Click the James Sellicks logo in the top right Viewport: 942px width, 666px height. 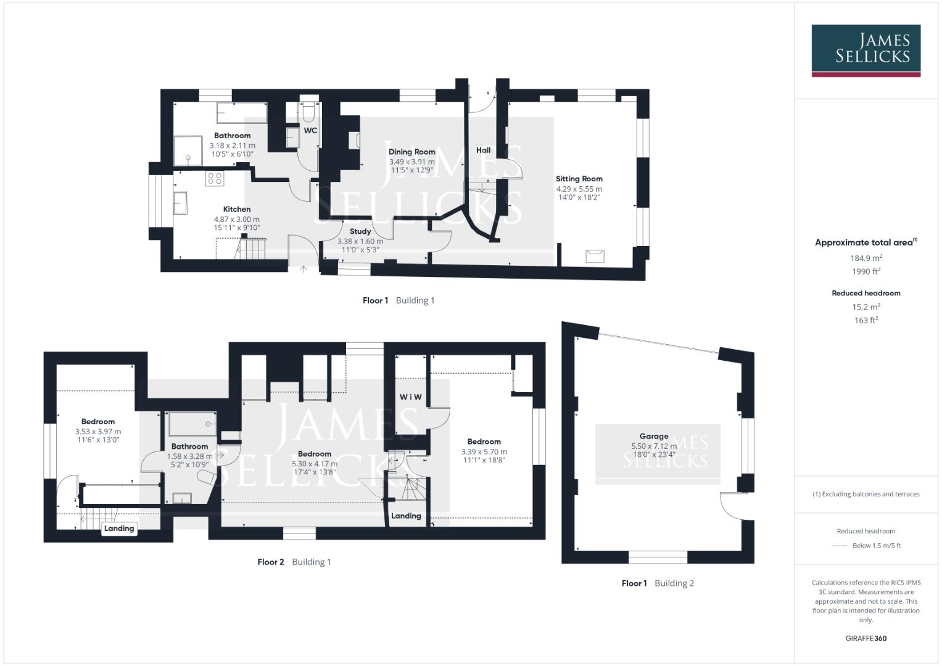tap(866, 51)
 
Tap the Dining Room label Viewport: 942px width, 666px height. tap(411, 152)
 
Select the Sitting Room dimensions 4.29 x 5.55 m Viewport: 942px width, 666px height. tap(579, 189)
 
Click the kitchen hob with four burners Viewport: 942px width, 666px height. tap(215, 179)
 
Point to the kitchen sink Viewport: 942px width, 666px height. tap(180, 203)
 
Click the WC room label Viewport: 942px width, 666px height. tap(310, 130)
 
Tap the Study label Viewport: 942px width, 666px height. tap(360, 231)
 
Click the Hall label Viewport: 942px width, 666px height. tap(483, 150)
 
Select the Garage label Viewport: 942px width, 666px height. tap(654, 437)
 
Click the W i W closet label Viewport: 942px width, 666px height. tap(410, 397)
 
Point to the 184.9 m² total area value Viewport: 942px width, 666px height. tap(866, 258)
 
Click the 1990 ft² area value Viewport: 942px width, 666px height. tap(866, 271)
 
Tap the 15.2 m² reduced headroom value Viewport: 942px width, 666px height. tap(866, 306)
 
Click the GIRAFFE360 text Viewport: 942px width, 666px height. tap(866, 638)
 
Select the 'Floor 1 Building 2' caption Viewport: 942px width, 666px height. tap(658, 583)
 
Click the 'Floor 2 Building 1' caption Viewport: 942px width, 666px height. tap(294, 562)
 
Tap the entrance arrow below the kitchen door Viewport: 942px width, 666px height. tap(304, 269)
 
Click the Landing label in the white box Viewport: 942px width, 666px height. tap(119, 528)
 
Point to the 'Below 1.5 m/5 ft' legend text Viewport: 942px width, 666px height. tap(877, 546)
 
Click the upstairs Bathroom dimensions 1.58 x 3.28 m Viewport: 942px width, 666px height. tap(189, 456)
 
